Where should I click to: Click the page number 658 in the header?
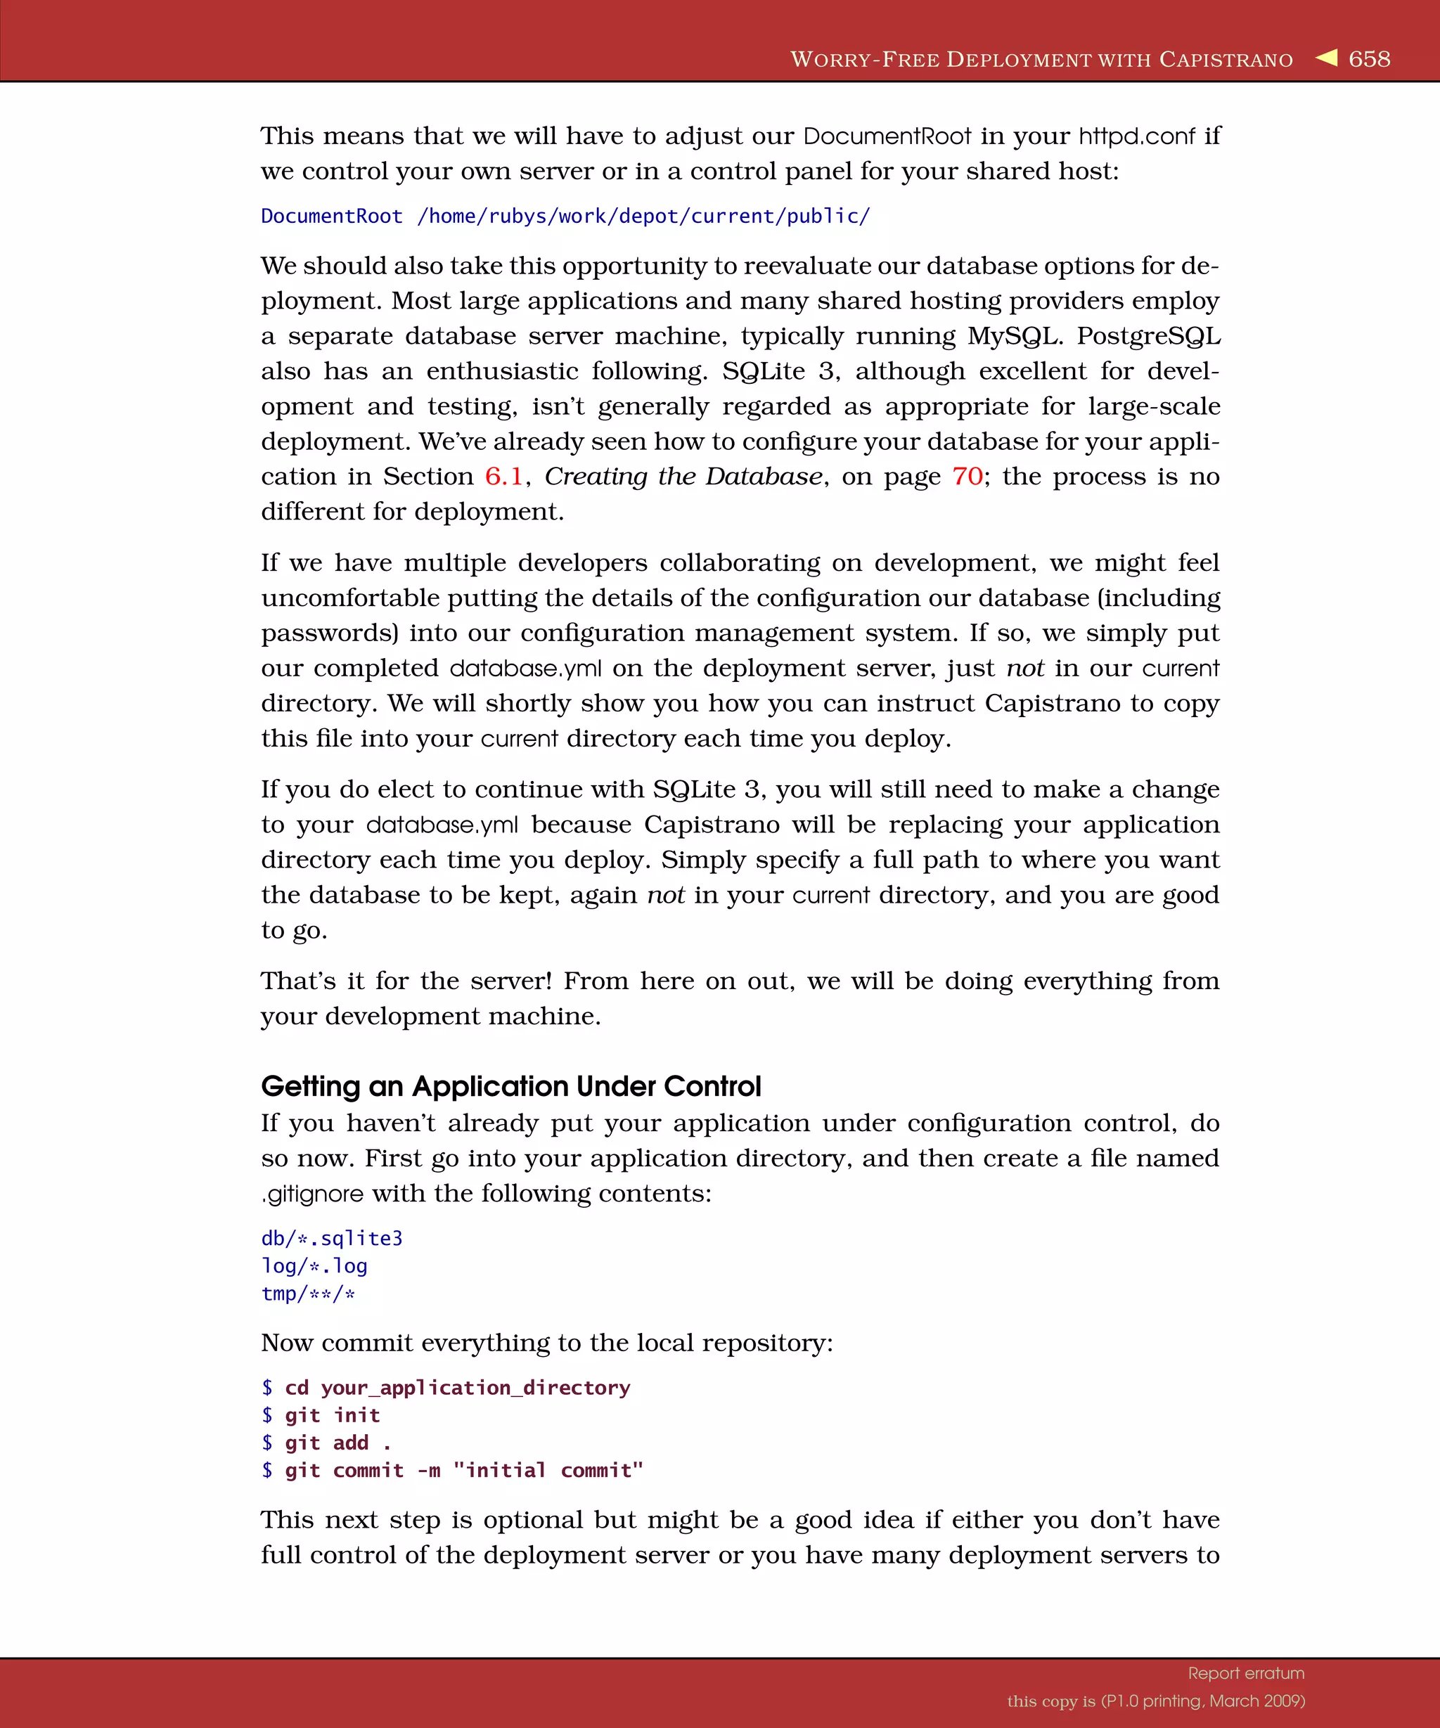1369,59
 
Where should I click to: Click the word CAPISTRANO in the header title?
1226,60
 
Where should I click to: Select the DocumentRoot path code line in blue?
565,217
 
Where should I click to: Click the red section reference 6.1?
503,477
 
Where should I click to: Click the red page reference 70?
967,477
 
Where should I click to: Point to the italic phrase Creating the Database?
683,477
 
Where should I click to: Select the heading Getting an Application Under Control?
511,1086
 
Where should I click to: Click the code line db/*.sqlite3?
332,1239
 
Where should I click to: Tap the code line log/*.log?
314,1266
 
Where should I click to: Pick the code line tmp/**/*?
308,1294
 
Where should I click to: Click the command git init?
332,1415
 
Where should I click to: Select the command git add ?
337,1443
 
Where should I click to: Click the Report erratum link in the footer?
1246,1674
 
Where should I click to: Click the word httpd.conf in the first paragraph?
1136,136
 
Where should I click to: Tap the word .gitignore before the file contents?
313,1194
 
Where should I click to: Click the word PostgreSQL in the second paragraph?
1149,337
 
